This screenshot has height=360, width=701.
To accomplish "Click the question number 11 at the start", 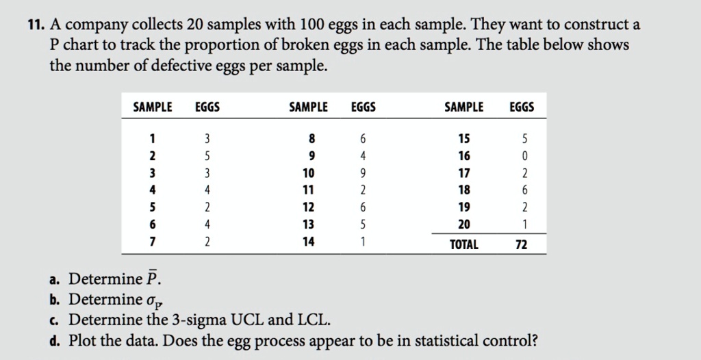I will point(36,26).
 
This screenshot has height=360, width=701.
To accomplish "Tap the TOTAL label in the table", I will point(463,244).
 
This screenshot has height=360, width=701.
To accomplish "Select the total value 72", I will point(521,244).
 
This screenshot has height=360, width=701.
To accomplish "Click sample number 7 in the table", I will point(153,241).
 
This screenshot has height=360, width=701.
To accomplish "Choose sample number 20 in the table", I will point(463,224).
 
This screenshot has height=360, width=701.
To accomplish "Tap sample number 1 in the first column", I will point(153,139).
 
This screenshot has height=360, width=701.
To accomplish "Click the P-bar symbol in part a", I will point(153,279).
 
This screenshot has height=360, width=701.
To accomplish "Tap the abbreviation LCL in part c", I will point(313,320).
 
